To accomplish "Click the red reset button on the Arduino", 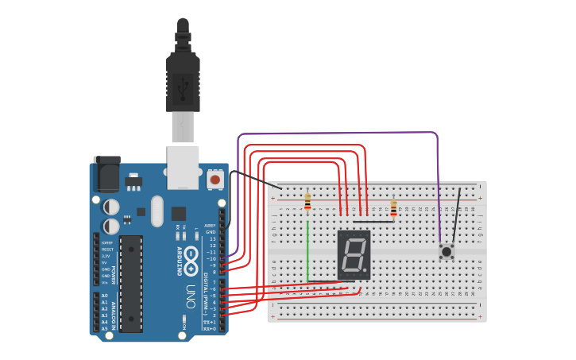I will (x=215, y=180).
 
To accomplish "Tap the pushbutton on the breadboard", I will (x=446, y=252).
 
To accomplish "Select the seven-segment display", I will (x=354, y=254).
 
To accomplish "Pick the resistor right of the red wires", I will (x=393, y=208).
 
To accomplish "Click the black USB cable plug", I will (x=183, y=79).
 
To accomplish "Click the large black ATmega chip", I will (x=131, y=282).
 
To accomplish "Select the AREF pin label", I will (x=210, y=225).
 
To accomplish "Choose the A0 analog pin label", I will (x=104, y=296).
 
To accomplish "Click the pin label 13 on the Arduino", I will (x=211, y=238).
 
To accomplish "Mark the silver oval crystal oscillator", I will (x=157, y=211).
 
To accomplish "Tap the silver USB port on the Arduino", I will (x=183, y=167).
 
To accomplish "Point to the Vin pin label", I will (x=104, y=281).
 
